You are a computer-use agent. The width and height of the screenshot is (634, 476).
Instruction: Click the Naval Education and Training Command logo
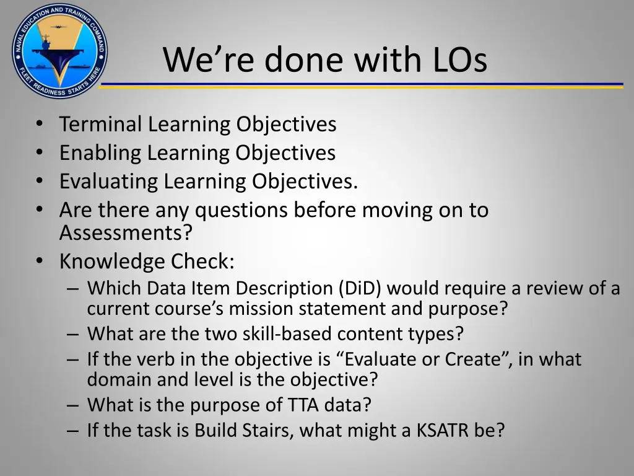coord(59,50)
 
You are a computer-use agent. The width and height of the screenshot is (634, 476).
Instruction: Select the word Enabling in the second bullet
coord(101,153)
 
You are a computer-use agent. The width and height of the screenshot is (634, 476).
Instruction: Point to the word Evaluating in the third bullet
coord(108,182)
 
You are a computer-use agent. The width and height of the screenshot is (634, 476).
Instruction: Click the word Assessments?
coord(126,233)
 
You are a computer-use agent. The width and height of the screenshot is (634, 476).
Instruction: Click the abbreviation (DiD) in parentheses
coord(360,288)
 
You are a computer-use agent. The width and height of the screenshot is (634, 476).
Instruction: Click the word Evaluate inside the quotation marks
coord(396,359)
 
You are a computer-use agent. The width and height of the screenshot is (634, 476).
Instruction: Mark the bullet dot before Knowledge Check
coord(40,262)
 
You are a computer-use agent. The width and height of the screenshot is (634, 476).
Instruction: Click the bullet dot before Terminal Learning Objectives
coord(40,124)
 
